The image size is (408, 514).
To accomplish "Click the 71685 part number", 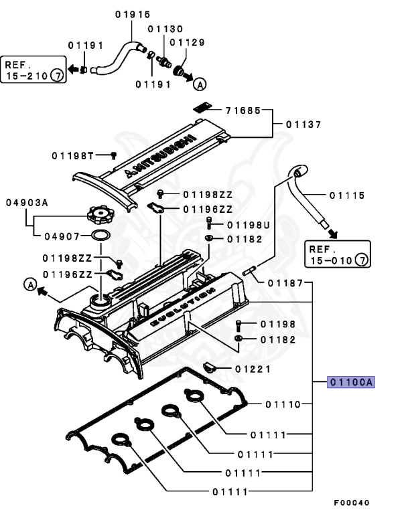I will (x=243, y=110).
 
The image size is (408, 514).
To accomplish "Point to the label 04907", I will (x=62, y=236).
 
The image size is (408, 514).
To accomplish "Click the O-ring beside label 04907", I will (x=100, y=236).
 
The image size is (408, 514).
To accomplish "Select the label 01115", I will (x=347, y=195).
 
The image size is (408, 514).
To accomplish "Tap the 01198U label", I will (x=248, y=225).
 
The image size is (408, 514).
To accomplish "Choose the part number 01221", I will (x=253, y=369).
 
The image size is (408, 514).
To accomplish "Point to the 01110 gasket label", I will (x=283, y=404).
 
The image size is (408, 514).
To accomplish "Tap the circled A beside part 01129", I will (x=199, y=84).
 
